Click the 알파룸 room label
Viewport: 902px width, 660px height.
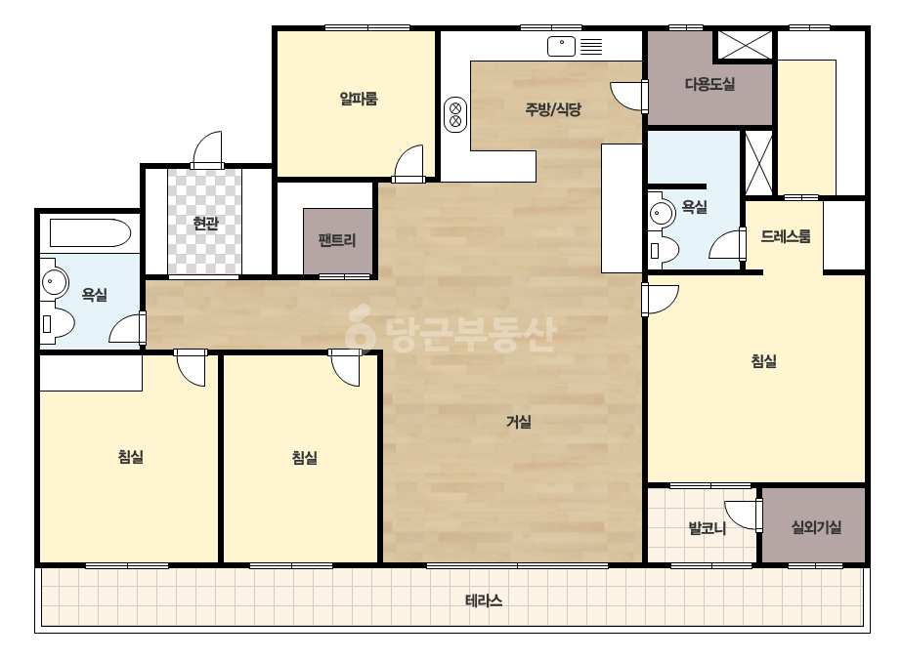[359, 99]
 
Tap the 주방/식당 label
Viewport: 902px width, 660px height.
[553, 108]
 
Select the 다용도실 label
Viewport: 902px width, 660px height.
[709, 85]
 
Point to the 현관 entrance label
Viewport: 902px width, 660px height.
[205, 223]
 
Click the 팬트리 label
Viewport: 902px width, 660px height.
[337, 240]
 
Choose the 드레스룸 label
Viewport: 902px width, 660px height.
[786, 236]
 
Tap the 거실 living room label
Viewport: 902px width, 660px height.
[518, 422]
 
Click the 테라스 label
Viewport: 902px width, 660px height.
[483, 600]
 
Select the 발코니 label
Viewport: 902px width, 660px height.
[707, 528]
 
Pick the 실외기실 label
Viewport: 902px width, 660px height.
[816, 526]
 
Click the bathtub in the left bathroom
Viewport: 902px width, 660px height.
[90, 232]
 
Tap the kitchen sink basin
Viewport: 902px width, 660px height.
[562, 47]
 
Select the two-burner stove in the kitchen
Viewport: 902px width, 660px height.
[455, 114]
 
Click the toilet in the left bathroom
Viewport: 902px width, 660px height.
[58, 324]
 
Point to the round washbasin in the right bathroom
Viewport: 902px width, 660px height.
[663, 214]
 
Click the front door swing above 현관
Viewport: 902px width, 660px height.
[207, 150]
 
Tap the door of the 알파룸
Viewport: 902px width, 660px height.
[408, 164]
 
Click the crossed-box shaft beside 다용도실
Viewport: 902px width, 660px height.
[746, 45]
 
